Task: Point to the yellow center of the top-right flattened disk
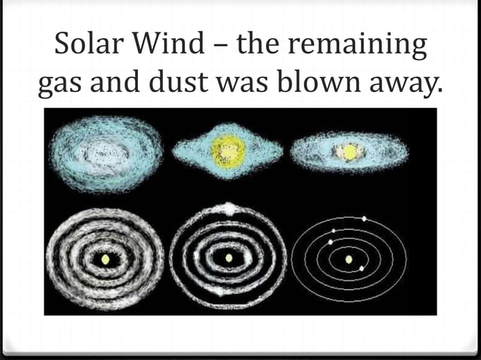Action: pos(350,152)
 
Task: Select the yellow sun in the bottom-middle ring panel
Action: pos(228,258)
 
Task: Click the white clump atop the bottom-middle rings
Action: pos(228,208)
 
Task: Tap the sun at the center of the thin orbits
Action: pos(349,260)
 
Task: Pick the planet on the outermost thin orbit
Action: pos(365,218)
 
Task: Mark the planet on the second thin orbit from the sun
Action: pos(330,242)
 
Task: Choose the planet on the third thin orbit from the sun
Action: pos(333,230)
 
